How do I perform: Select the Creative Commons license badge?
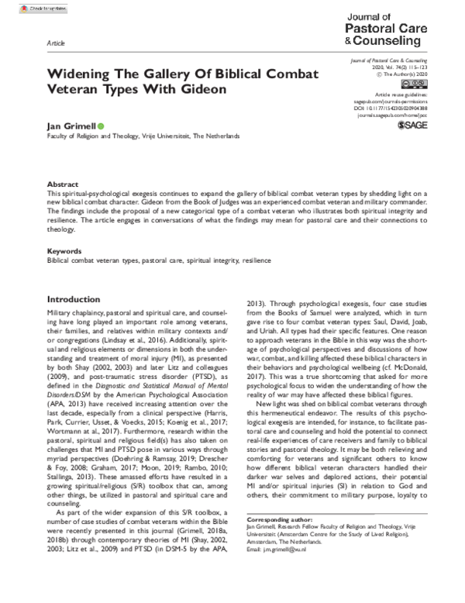point(413,83)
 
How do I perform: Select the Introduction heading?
point(77,298)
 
